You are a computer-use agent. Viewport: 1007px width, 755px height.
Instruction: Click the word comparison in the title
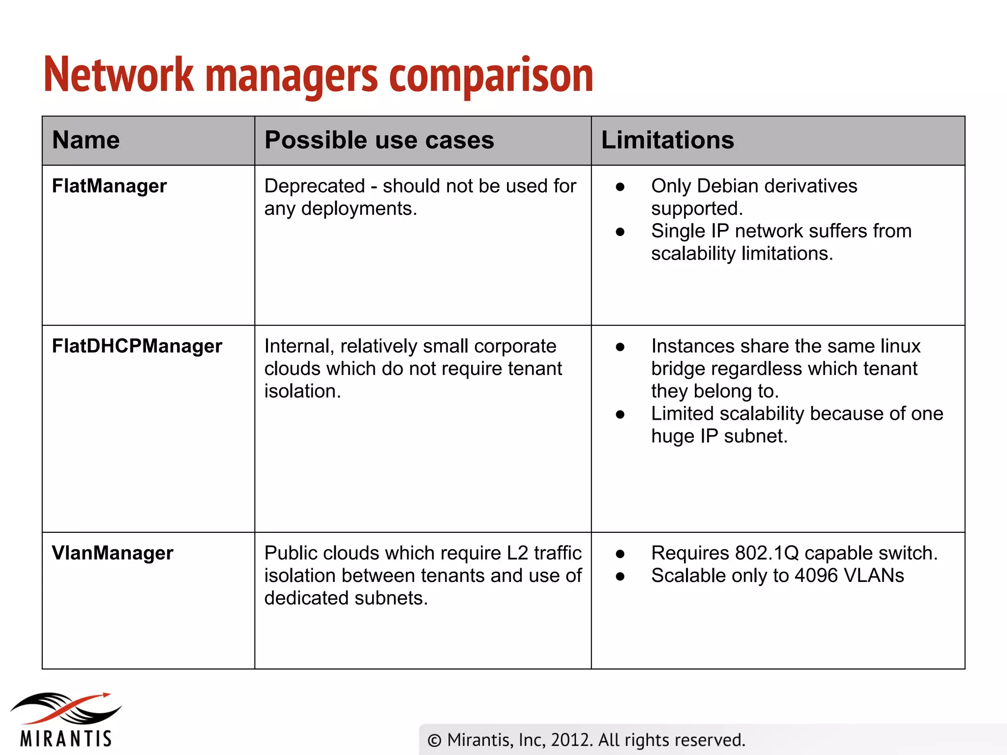(x=491, y=76)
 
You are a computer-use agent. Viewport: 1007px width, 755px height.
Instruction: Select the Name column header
(x=86, y=140)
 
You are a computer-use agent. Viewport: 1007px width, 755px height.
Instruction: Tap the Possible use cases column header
(x=379, y=140)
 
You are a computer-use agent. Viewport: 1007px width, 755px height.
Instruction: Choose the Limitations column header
(x=667, y=140)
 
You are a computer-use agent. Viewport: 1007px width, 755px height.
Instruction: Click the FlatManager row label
(x=109, y=186)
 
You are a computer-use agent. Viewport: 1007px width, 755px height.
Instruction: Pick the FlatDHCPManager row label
(x=137, y=347)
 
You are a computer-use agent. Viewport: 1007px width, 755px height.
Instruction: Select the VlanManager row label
(x=113, y=553)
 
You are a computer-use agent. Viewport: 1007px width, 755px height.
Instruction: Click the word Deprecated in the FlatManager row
(x=315, y=186)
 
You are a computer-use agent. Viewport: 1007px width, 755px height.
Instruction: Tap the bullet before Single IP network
(x=620, y=232)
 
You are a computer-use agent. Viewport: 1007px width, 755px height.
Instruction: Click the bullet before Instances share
(x=620, y=347)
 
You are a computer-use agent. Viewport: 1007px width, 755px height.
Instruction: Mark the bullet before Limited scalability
(x=620, y=414)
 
